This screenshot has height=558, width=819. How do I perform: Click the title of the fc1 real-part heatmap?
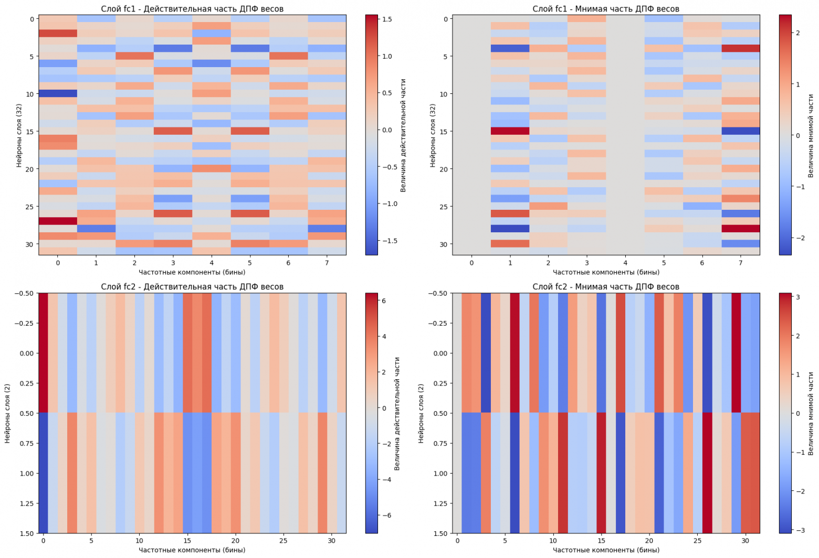(x=192, y=8)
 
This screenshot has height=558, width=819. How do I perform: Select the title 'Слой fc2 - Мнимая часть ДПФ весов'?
(x=605, y=287)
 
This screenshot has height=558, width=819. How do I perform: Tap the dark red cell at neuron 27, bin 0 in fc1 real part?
(x=58, y=221)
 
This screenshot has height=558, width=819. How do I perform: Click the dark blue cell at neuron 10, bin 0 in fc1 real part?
(x=58, y=93)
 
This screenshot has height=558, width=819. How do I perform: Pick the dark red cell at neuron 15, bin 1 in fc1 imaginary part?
(x=510, y=131)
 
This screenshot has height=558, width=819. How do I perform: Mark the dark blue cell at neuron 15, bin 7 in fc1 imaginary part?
(x=741, y=131)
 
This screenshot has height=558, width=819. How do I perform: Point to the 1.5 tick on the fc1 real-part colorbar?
(x=387, y=19)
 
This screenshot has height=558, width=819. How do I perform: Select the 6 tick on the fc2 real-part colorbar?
(x=384, y=301)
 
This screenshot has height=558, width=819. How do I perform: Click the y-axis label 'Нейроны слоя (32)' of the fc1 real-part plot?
(x=19, y=135)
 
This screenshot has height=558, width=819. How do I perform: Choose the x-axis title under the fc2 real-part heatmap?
(x=192, y=550)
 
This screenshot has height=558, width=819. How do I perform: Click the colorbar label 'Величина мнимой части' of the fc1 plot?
(x=811, y=135)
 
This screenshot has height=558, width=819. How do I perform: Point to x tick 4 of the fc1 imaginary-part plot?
(x=625, y=263)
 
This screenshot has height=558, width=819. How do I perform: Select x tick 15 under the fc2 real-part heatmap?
(x=187, y=541)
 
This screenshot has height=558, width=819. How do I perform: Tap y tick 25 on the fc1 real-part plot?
(x=29, y=207)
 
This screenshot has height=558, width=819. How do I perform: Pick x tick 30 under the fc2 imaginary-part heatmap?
(x=745, y=541)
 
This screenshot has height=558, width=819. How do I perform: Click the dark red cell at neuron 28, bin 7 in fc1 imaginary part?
(x=741, y=229)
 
